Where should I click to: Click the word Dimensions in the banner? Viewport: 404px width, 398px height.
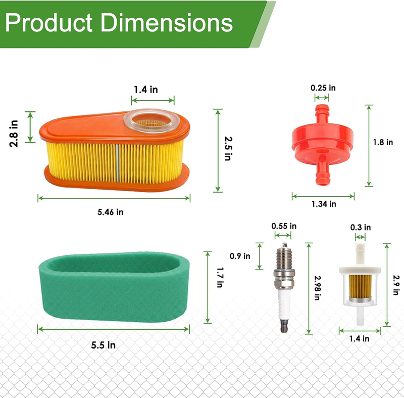(x=167, y=23)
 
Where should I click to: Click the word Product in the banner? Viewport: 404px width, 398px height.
(x=48, y=23)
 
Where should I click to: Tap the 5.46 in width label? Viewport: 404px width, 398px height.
(x=110, y=212)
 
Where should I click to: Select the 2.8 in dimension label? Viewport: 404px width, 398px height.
(x=14, y=134)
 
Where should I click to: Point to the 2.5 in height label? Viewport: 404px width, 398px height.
(x=228, y=149)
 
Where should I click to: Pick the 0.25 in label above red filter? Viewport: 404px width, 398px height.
(x=323, y=88)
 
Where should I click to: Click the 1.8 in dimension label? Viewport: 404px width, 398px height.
(x=383, y=142)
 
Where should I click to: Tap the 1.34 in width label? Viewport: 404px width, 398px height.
(x=324, y=204)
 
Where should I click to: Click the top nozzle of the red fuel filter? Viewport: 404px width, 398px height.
(x=322, y=113)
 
